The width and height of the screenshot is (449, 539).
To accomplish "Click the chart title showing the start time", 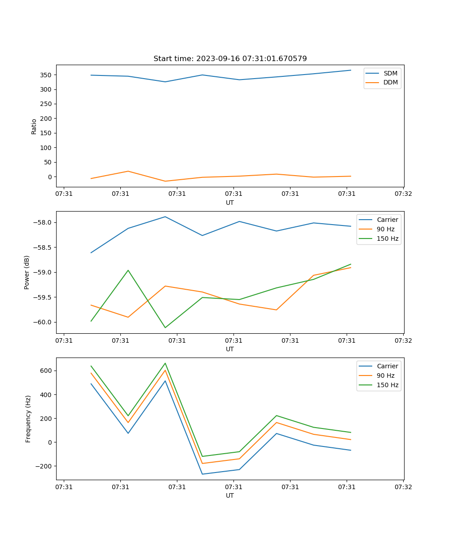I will click(230, 59).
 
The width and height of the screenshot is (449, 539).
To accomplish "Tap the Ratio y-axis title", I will click(34, 126).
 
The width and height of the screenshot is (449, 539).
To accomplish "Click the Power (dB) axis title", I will click(27, 272).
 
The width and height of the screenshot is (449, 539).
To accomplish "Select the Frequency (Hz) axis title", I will click(28, 419).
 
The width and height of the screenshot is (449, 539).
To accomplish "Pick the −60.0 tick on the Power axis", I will click(43, 322).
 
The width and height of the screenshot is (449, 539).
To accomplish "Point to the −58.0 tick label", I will click(43, 223).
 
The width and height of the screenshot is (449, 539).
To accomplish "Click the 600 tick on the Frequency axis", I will click(45, 371).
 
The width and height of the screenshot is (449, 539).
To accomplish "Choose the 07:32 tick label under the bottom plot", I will click(403, 486).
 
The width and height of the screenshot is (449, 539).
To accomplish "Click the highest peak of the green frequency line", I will click(165, 363).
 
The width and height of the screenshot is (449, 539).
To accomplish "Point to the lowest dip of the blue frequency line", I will click(202, 474).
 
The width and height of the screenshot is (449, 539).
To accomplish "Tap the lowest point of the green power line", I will click(165, 327).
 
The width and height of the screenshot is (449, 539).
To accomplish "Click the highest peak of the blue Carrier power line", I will click(165, 216).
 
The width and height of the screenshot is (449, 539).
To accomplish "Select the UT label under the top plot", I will click(230, 203).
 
